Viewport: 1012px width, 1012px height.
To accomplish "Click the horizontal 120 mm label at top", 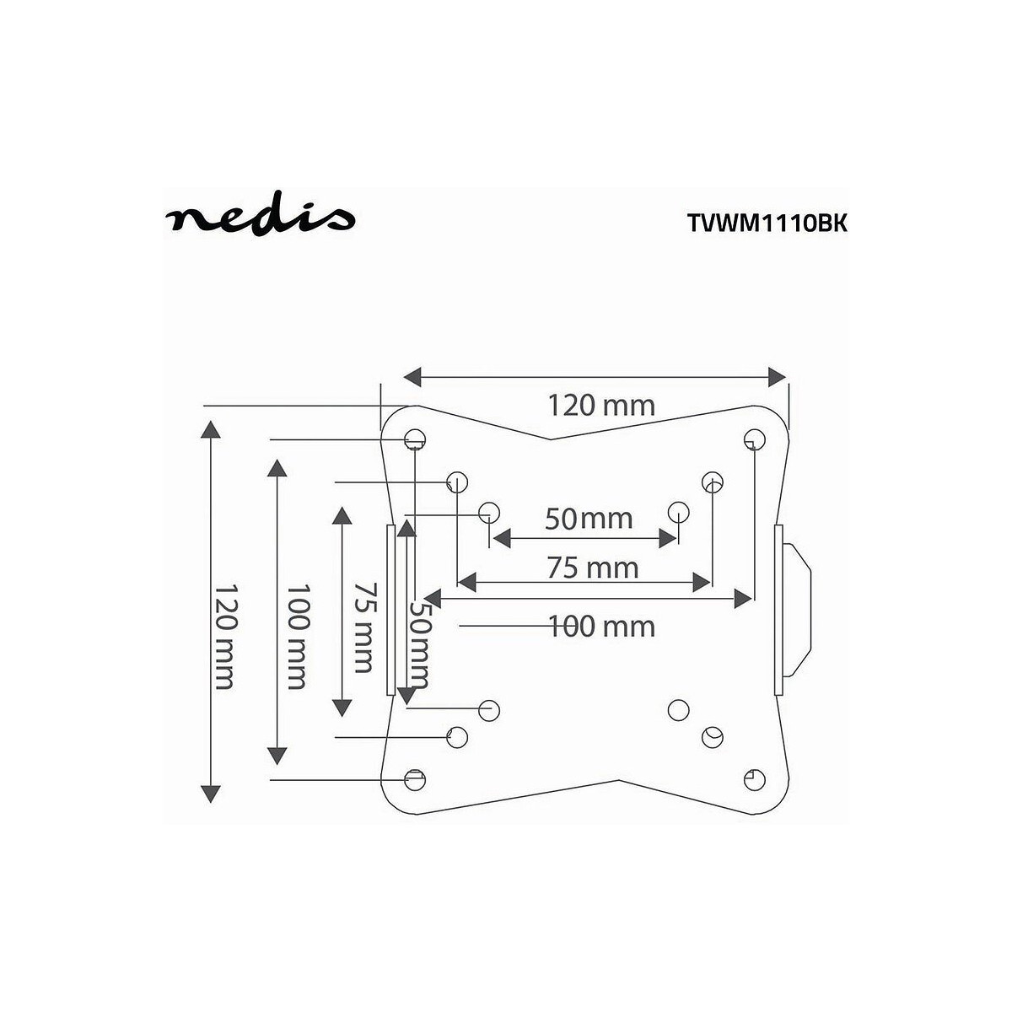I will click(x=601, y=406).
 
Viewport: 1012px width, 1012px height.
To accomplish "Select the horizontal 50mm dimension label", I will click(x=588, y=518).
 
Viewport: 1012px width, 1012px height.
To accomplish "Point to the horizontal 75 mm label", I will click(x=593, y=568).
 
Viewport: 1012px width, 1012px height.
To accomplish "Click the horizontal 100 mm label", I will click(x=601, y=626).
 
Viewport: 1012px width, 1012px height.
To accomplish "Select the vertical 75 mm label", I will click(x=363, y=625).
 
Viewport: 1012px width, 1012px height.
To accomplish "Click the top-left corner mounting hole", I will click(x=414, y=439).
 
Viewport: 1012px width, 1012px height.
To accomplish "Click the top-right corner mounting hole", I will click(x=754, y=439).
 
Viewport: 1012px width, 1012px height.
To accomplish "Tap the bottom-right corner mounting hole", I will click(x=755, y=778).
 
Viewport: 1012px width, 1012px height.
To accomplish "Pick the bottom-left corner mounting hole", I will click(x=414, y=778).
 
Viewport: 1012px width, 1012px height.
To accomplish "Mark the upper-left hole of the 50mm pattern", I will click(x=489, y=512).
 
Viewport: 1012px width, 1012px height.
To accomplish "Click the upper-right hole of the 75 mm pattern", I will click(x=713, y=482).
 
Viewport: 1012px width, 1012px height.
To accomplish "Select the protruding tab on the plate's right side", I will click(x=797, y=610).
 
